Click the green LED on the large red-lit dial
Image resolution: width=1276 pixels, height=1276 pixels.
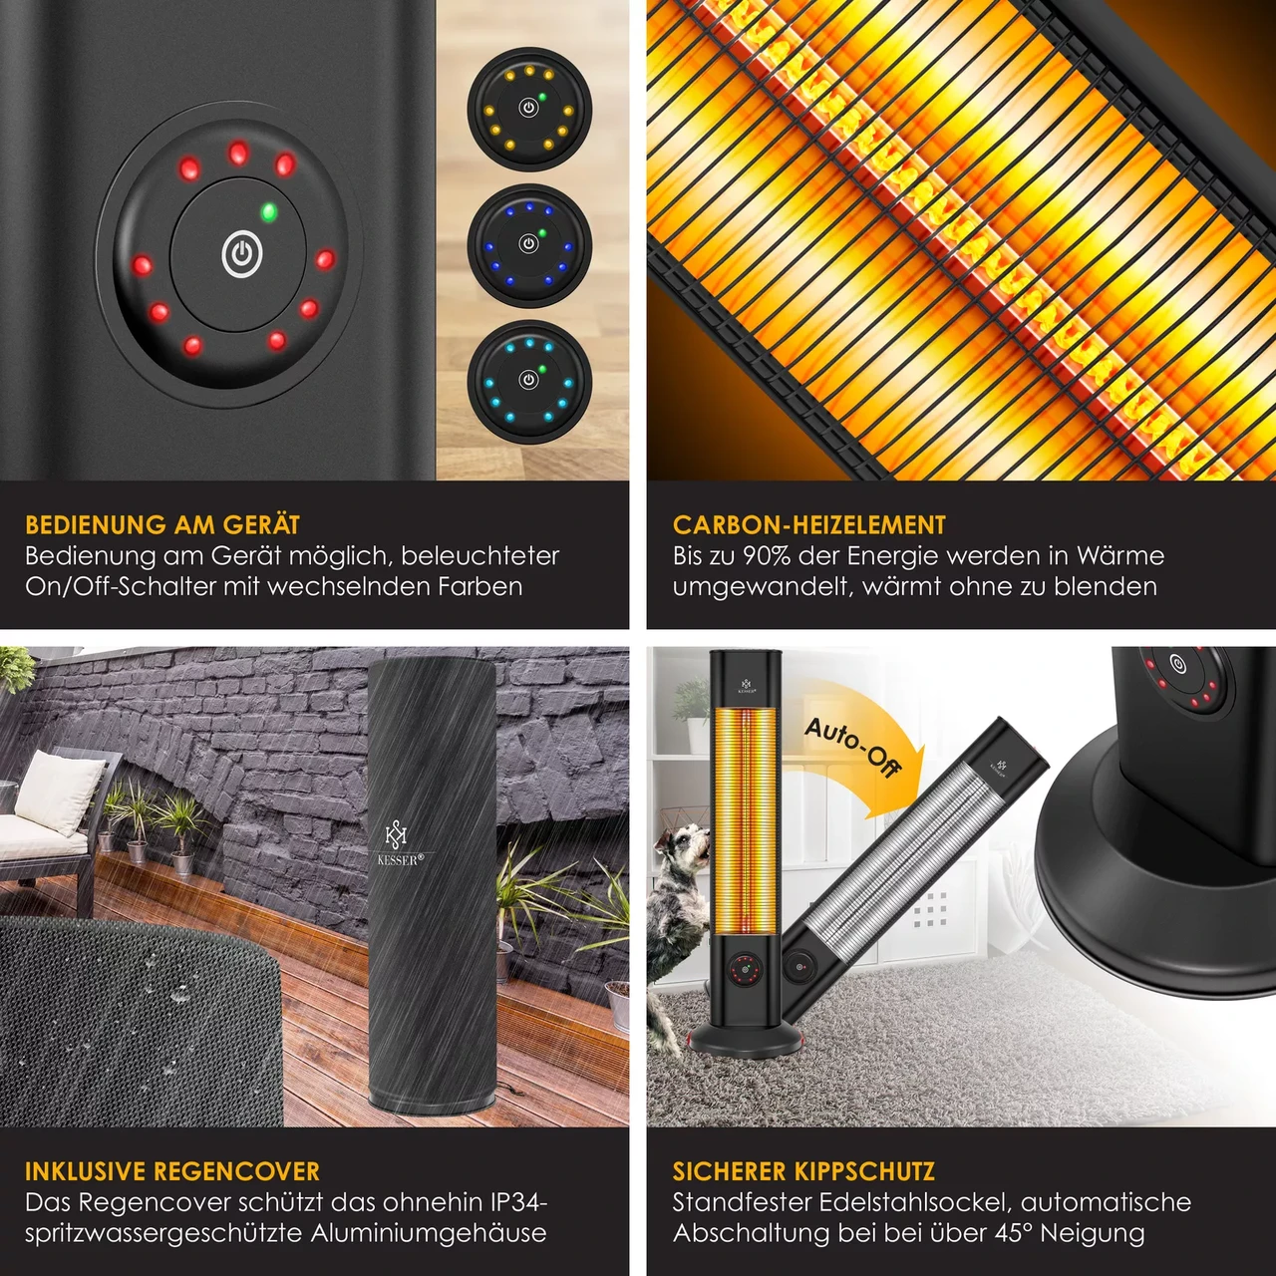click(268, 212)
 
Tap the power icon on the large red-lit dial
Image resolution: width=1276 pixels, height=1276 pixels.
click(241, 253)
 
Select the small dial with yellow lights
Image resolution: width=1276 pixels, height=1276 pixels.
click(528, 109)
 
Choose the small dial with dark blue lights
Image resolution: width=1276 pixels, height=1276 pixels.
click(528, 245)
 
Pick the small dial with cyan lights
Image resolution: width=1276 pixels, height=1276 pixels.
click(528, 382)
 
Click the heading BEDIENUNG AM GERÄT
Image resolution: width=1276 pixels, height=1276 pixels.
click(162, 524)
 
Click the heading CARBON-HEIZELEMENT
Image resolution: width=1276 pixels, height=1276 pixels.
click(809, 524)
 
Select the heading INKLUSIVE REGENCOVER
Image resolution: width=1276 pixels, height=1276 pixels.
click(172, 1171)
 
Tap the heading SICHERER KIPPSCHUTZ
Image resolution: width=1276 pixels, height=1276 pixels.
click(803, 1171)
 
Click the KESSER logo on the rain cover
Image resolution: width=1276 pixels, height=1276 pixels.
click(396, 843)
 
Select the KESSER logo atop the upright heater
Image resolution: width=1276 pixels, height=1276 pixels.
click(747, 685)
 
